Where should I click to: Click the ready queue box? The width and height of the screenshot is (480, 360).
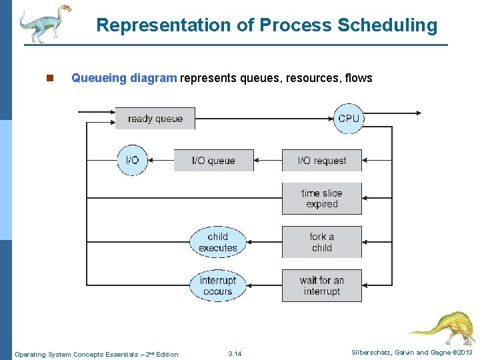155,119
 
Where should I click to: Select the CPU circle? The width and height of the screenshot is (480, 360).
349,119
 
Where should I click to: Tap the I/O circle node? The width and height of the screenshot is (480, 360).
133,160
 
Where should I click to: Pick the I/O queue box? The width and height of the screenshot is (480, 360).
213,161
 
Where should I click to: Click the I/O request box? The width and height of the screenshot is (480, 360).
321,161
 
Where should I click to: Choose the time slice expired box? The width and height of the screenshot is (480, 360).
321,199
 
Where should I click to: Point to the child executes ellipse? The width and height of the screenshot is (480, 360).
217,242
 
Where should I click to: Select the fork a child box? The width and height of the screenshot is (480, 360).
321,242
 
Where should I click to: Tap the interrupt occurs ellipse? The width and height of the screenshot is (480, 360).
217,286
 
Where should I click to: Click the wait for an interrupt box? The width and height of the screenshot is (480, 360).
321,286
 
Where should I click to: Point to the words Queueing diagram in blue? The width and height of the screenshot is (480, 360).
124,78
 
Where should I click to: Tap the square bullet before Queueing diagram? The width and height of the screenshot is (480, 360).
49,78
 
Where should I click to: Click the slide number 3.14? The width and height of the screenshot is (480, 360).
235,353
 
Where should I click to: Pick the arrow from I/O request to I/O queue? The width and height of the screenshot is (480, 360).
268,161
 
